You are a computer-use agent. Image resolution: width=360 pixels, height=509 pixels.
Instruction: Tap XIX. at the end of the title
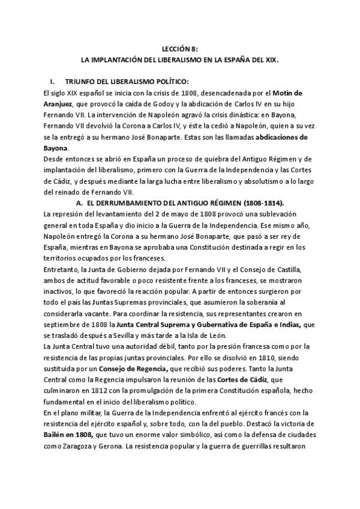(270, 61)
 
